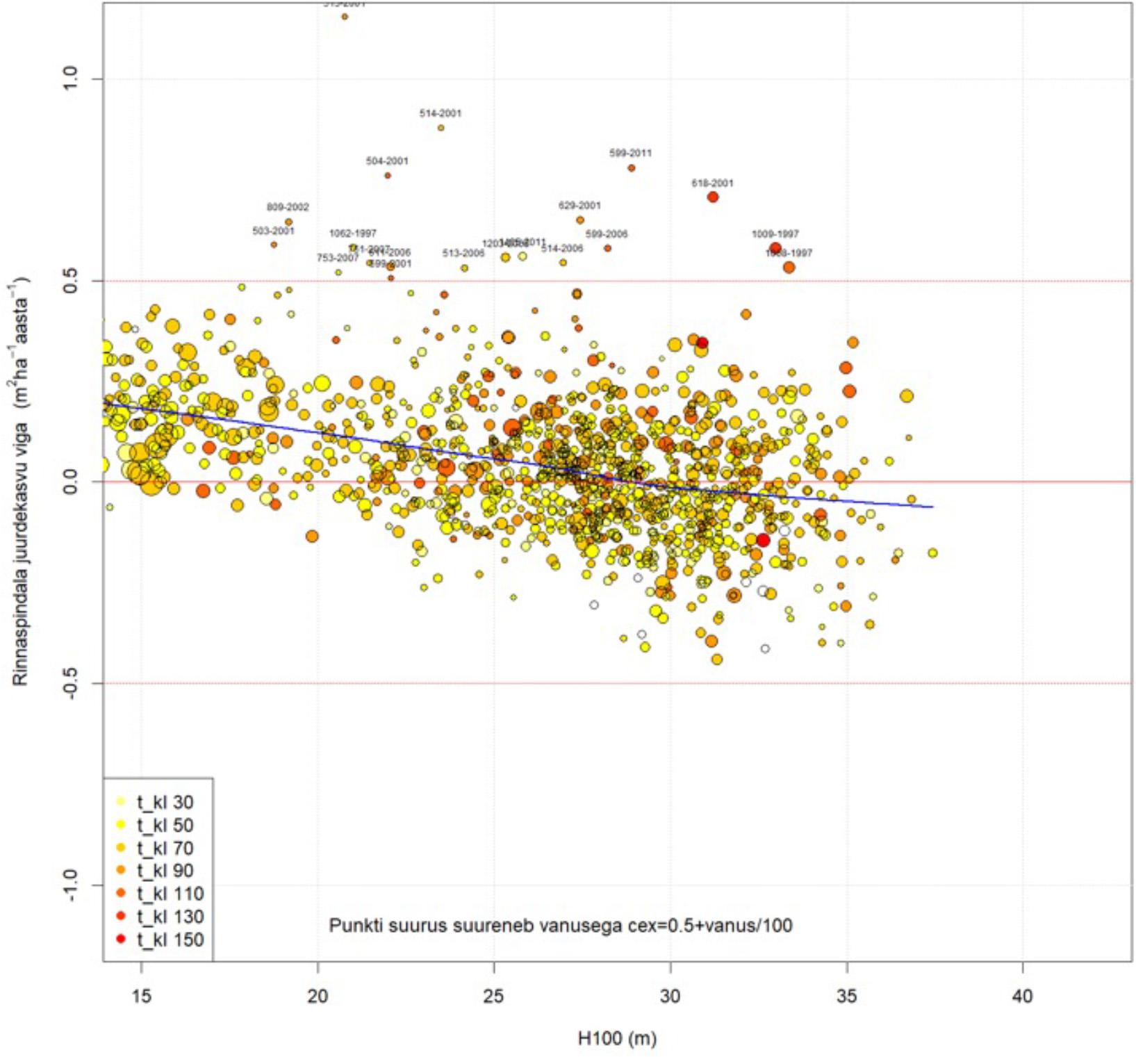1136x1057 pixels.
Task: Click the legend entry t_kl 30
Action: click(165, 802)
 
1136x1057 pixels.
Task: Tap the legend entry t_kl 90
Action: click(165, 871)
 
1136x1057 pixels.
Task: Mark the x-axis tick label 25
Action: click(494, 996)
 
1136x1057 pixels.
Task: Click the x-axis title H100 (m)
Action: click(617, 1039)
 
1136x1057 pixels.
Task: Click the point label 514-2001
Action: click(441, 113)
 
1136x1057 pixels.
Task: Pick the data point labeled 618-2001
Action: click(713, 197)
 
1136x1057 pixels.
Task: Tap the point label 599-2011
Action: click(631, 153)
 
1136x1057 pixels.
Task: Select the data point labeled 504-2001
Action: click(388, 175)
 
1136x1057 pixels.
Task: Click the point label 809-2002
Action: click(288, 207)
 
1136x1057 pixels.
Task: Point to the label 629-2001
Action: click(579, 206)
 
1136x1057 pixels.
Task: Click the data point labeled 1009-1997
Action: click(775, 248)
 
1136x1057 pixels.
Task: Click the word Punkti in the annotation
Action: click(353, 926)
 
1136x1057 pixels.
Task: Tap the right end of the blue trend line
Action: click(932, 507)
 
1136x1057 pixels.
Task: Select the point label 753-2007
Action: click(338, 258)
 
